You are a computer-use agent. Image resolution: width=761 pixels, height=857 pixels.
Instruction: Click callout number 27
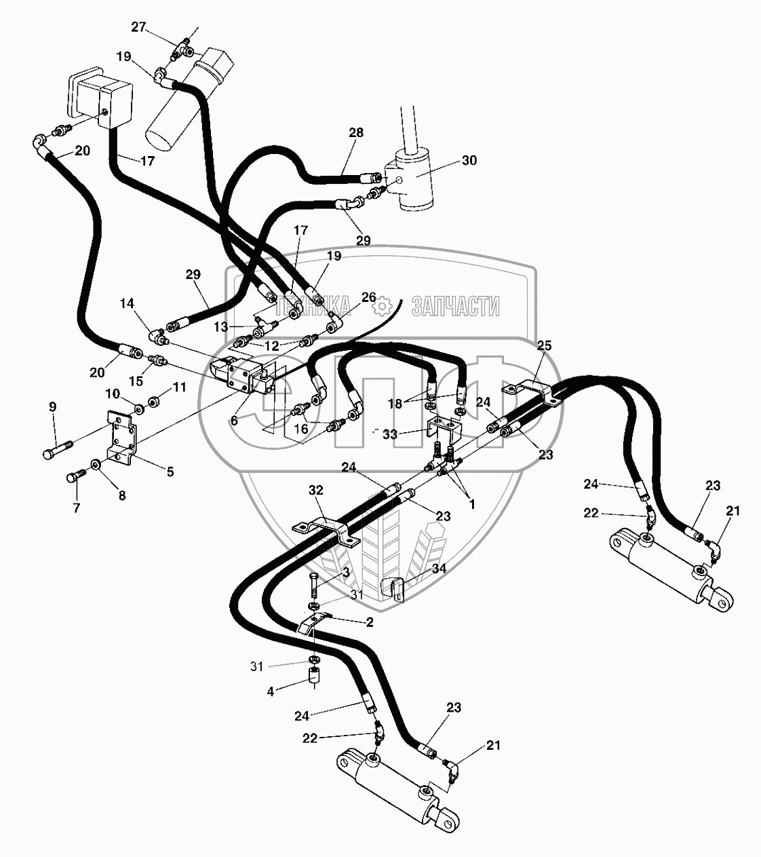pos(138,27)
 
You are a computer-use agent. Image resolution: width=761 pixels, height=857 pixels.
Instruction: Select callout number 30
pos(469,161)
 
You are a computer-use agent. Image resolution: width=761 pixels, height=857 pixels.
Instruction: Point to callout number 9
pos(53,407)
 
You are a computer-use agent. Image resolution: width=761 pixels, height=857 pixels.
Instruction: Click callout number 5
pos(170,471)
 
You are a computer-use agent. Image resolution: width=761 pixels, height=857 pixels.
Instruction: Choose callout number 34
pos(439,569)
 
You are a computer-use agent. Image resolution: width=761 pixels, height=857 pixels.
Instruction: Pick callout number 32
pos(316,490)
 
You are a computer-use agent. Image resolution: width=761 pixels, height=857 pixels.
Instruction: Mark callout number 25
pos(544,345)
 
